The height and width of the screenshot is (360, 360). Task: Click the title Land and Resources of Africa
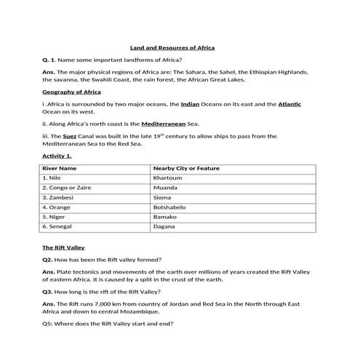pos(172,47)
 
